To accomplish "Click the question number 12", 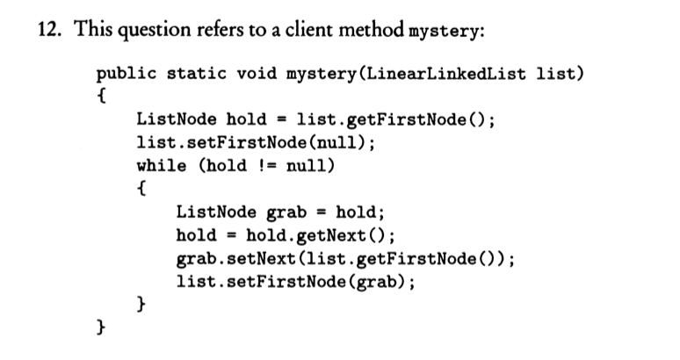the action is [x=49, y=30].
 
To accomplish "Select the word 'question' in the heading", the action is [x=154, y=31].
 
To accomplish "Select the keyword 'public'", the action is [x=127, y=74].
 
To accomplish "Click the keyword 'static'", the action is [x=197, y=73].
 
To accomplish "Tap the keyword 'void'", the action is [x=257, y=73].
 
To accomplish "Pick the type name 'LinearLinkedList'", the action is [x=445, y=74].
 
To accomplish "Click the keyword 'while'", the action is [x=162, y=165].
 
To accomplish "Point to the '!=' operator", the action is [x=268, y=166].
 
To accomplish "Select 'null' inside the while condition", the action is [x=306, y=165].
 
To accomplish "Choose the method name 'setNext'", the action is [x=262, y=259].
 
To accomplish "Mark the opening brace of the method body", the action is [x=102, y=97].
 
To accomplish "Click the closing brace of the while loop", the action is [x=141, y=304].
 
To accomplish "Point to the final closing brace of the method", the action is [x=101, y=328].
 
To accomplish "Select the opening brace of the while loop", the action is [x=141, y=189].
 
